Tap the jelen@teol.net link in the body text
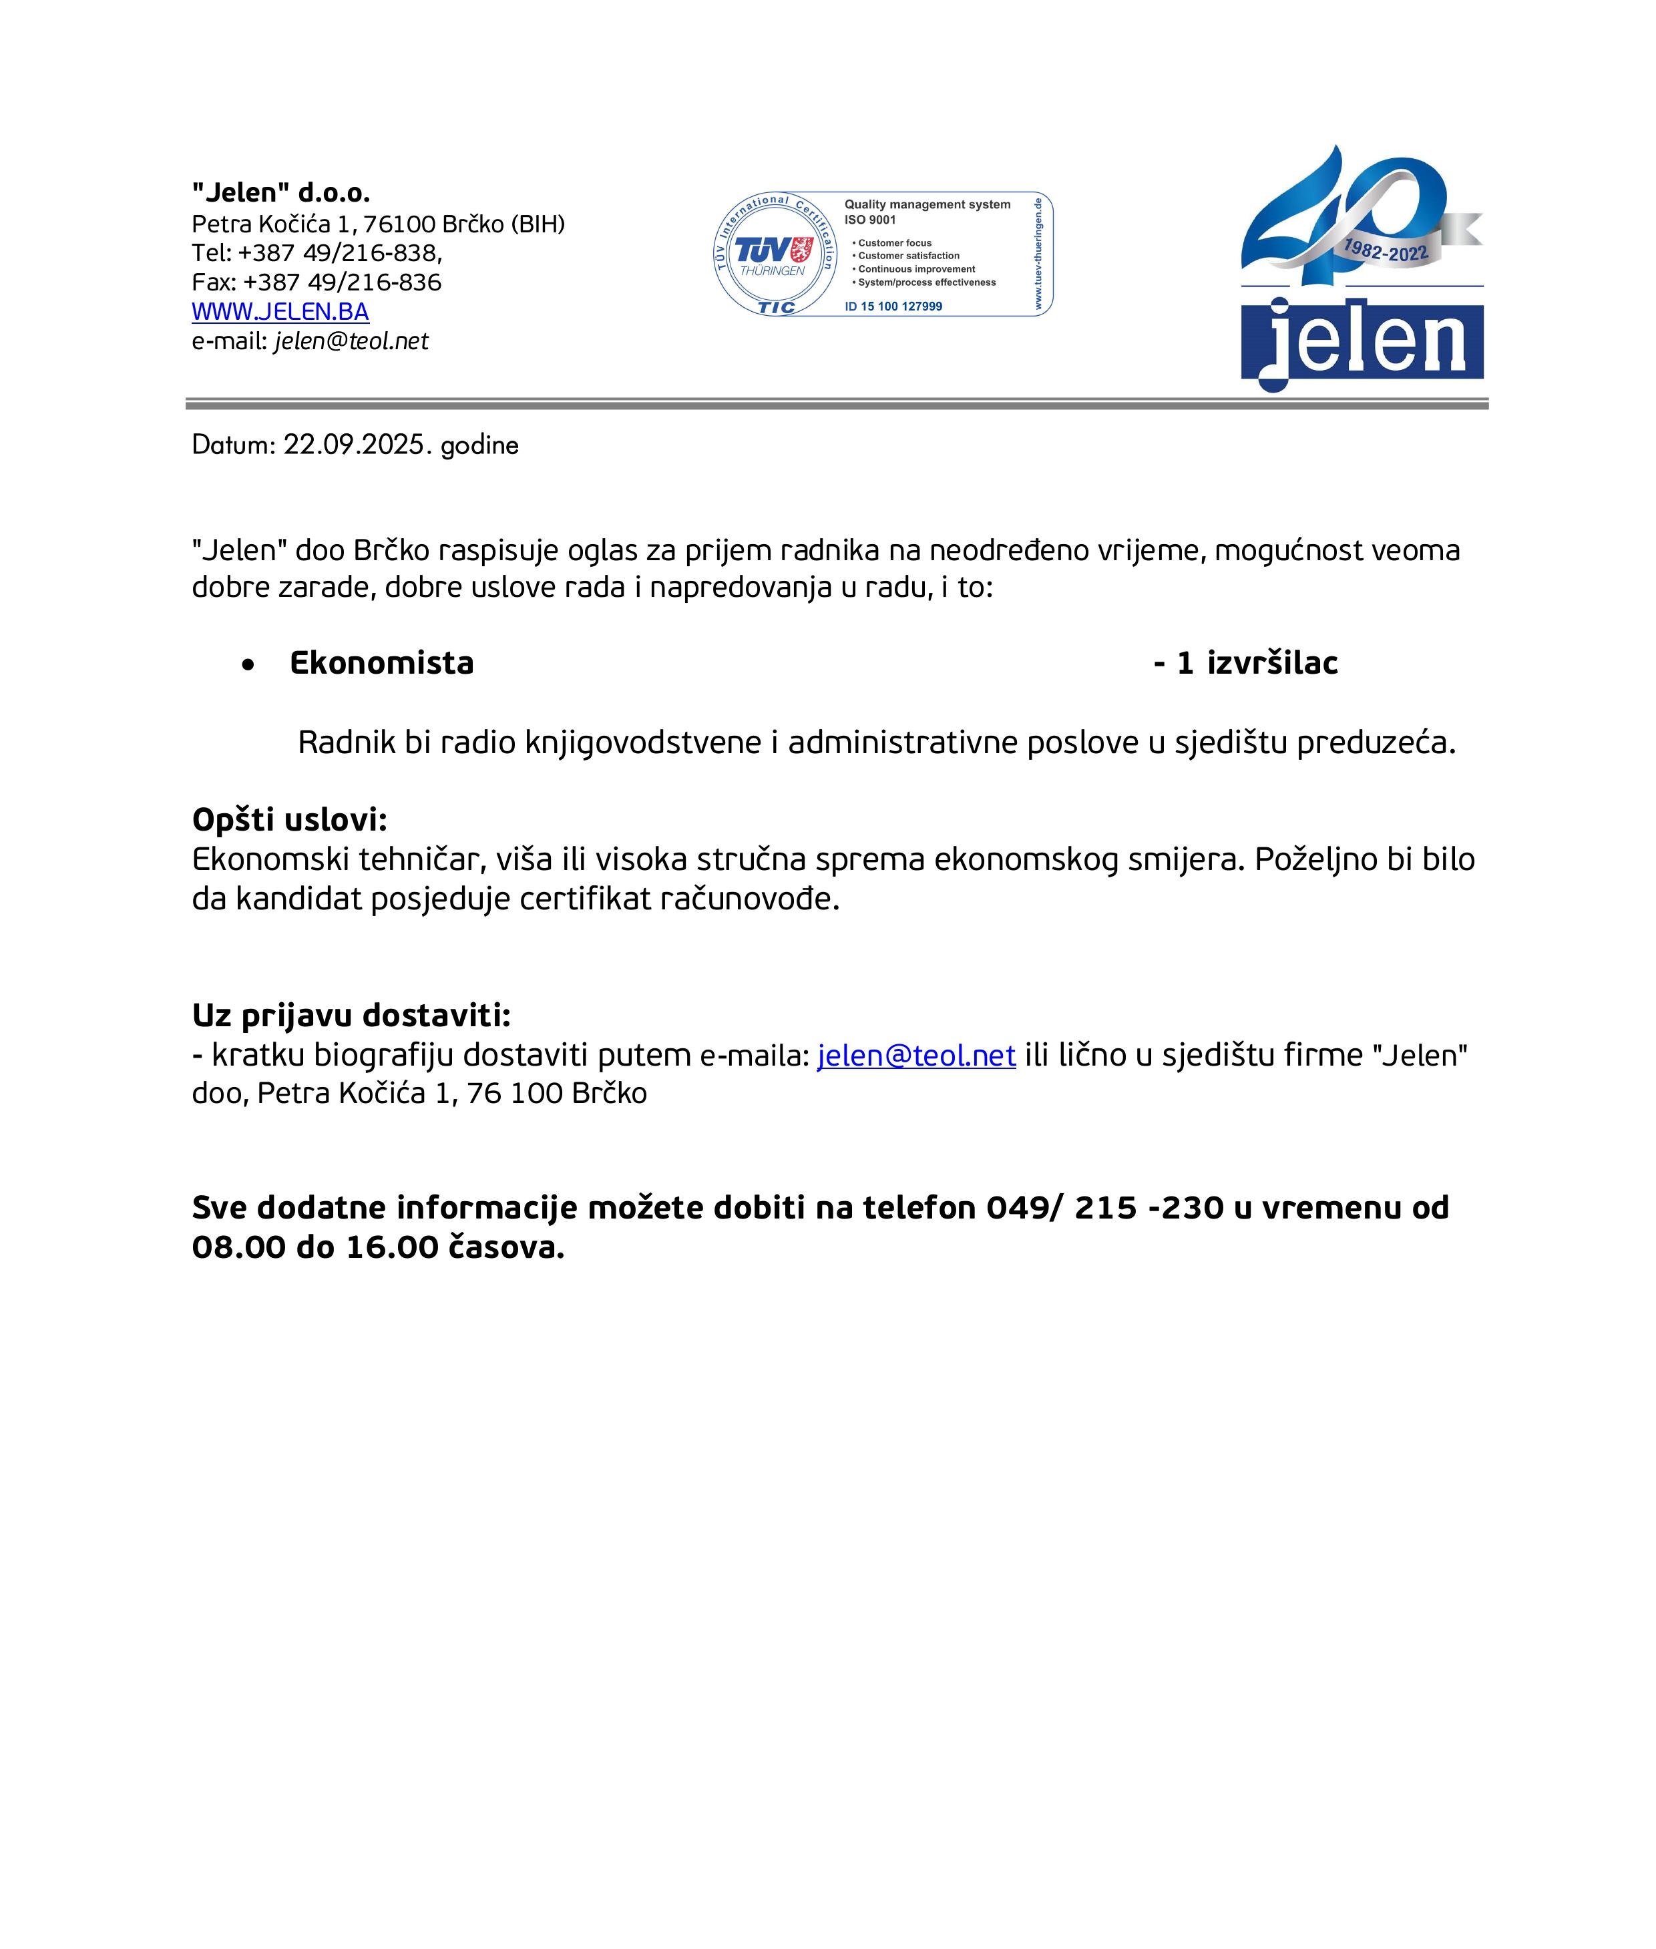(x=916, y=1055)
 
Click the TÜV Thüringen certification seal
(x=773, y=254)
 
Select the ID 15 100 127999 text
(x=893, y=306)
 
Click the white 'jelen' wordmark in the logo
(x=1366, y=340)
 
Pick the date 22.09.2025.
(x=355, y=444)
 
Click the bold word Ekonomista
(x=381, y=663)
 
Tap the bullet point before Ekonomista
(x=248, y=664)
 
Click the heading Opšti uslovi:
(x=289, y=819)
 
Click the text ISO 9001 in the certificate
(x=870, y=220)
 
